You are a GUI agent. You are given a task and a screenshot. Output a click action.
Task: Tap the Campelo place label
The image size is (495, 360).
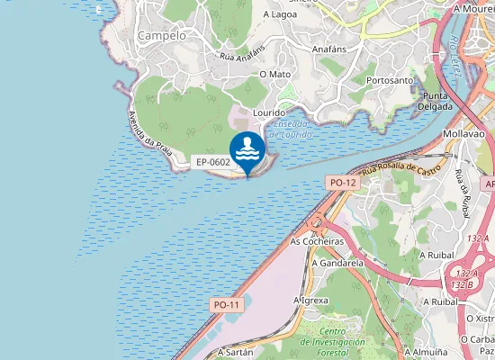pyautogui.click(x=162, y=35)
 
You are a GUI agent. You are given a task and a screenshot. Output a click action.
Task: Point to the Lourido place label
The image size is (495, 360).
pyautogui.click(x=269, y=112)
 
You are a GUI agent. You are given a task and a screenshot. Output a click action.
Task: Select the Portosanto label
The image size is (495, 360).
pyautogui.click(x=390, y=80)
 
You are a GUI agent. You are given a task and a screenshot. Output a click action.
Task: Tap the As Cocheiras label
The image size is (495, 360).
pyautogui.click(x=317, y=242)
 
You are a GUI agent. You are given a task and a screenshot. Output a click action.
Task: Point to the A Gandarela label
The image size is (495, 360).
pyautogui.click(x=337, y=264)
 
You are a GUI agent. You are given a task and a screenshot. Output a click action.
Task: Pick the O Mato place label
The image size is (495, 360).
pyautogui.click(x=274, y=74)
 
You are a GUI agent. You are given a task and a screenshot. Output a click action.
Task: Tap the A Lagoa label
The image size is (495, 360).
pyautogui.click(x=280, y=14)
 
